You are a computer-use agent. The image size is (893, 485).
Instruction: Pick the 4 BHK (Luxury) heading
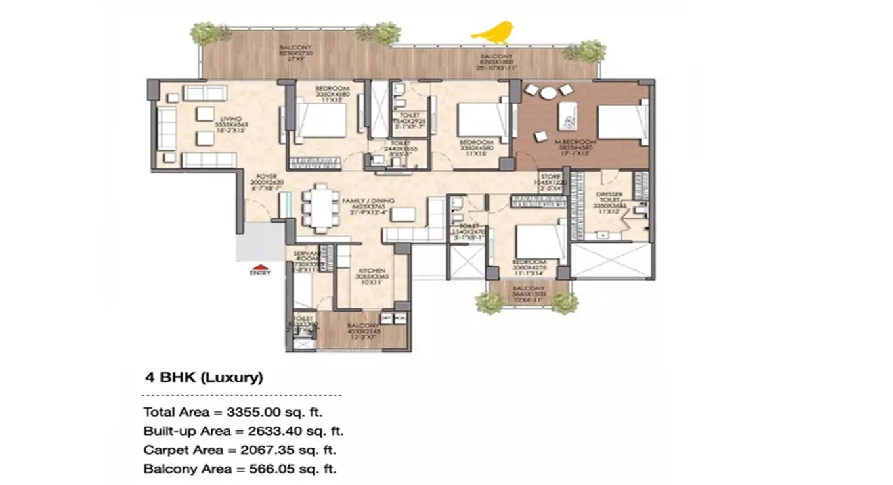click(204, 378)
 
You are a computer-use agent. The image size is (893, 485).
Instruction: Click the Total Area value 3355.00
click(271, 413)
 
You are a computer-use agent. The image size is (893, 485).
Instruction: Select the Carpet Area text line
click(239, 450)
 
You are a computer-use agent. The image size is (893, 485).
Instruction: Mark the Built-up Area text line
click(243, 432)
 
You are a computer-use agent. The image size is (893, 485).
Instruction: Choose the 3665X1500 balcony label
click(529, 295)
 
